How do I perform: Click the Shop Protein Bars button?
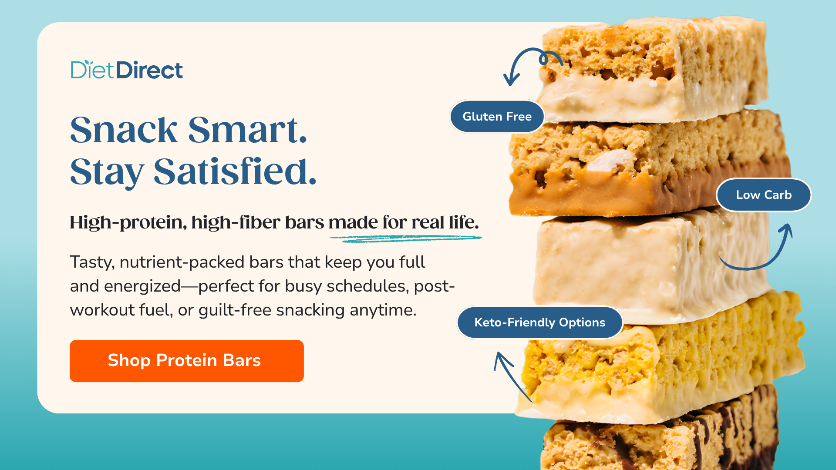pyautogui.click(x=186, y=361)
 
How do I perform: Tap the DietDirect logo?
pyautogui.click(x=127, y=70)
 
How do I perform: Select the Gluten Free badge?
pyautogui.click(x=497, y=117)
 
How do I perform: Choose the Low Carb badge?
pyautogui.click(x=764, y=195)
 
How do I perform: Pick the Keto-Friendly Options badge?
pyautogui.click(x=539, y=322)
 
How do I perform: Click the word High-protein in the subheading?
pyautogui.click(x=128, y=222)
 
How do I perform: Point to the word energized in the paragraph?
pyautogui.click(x=142, y=286)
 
